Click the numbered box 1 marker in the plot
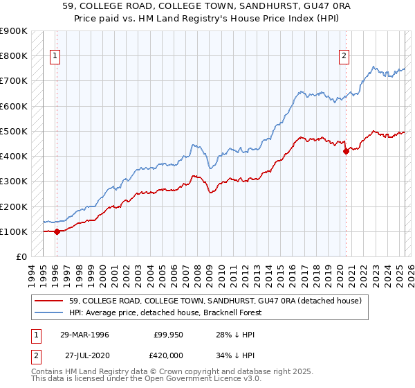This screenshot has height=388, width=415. pos(55,58)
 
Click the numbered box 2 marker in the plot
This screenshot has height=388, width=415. pos(344,58)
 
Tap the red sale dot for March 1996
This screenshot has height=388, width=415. pos(57,231)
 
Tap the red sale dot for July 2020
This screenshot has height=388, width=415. pos(346,152)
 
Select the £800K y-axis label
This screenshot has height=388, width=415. pos(14,55)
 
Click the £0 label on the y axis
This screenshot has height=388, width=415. pos(21,257)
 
